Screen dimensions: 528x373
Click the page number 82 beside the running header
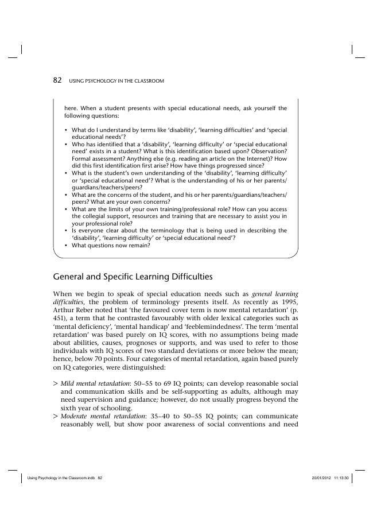click(x=57, y=81)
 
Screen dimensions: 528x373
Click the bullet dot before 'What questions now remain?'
click(x=66, y=246)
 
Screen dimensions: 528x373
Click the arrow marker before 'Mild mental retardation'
click(x=55, y=383)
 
